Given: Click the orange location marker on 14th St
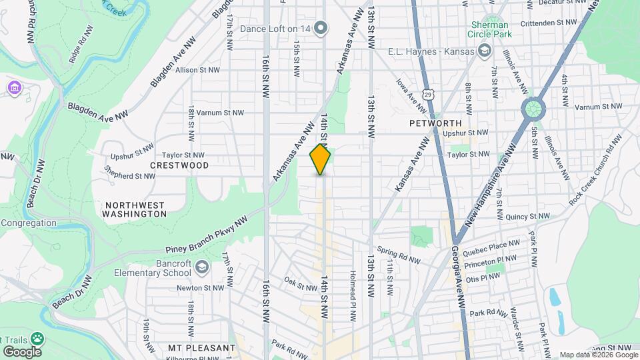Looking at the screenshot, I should [x=321, y=159].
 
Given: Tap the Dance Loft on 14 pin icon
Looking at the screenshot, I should [x=321, y=28].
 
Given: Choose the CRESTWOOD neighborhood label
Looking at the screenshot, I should [x=179, y=165].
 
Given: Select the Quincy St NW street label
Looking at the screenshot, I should [x=527, y=217].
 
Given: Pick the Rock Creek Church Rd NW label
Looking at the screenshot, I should [x=595, y=169].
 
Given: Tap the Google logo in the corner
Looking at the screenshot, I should [x=22, y=351].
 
